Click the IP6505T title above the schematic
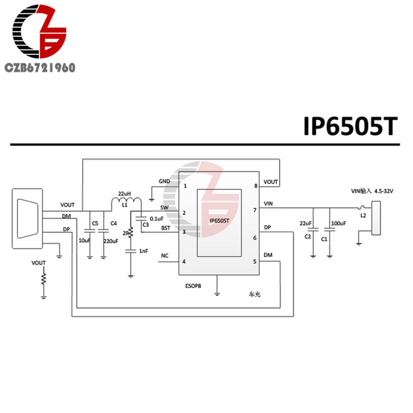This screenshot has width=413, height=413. click(x=351, y=125)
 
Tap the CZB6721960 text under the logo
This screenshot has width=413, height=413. click(x=39, y=67)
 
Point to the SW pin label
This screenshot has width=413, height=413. click(x=165, y=208)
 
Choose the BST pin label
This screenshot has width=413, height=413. click(x=165, y=228)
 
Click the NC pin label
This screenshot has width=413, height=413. click(x=165, y=256)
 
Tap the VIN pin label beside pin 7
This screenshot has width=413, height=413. click(x=268, y=204)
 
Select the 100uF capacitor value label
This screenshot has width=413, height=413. click(x=339, y=223)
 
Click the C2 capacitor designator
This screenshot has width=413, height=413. click(x=307, y=236)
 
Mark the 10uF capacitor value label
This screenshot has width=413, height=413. click(x=84, y=241)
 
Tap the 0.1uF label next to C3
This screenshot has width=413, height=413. click(x=157, y=218)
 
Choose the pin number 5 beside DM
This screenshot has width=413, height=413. click(x=255, y=261)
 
